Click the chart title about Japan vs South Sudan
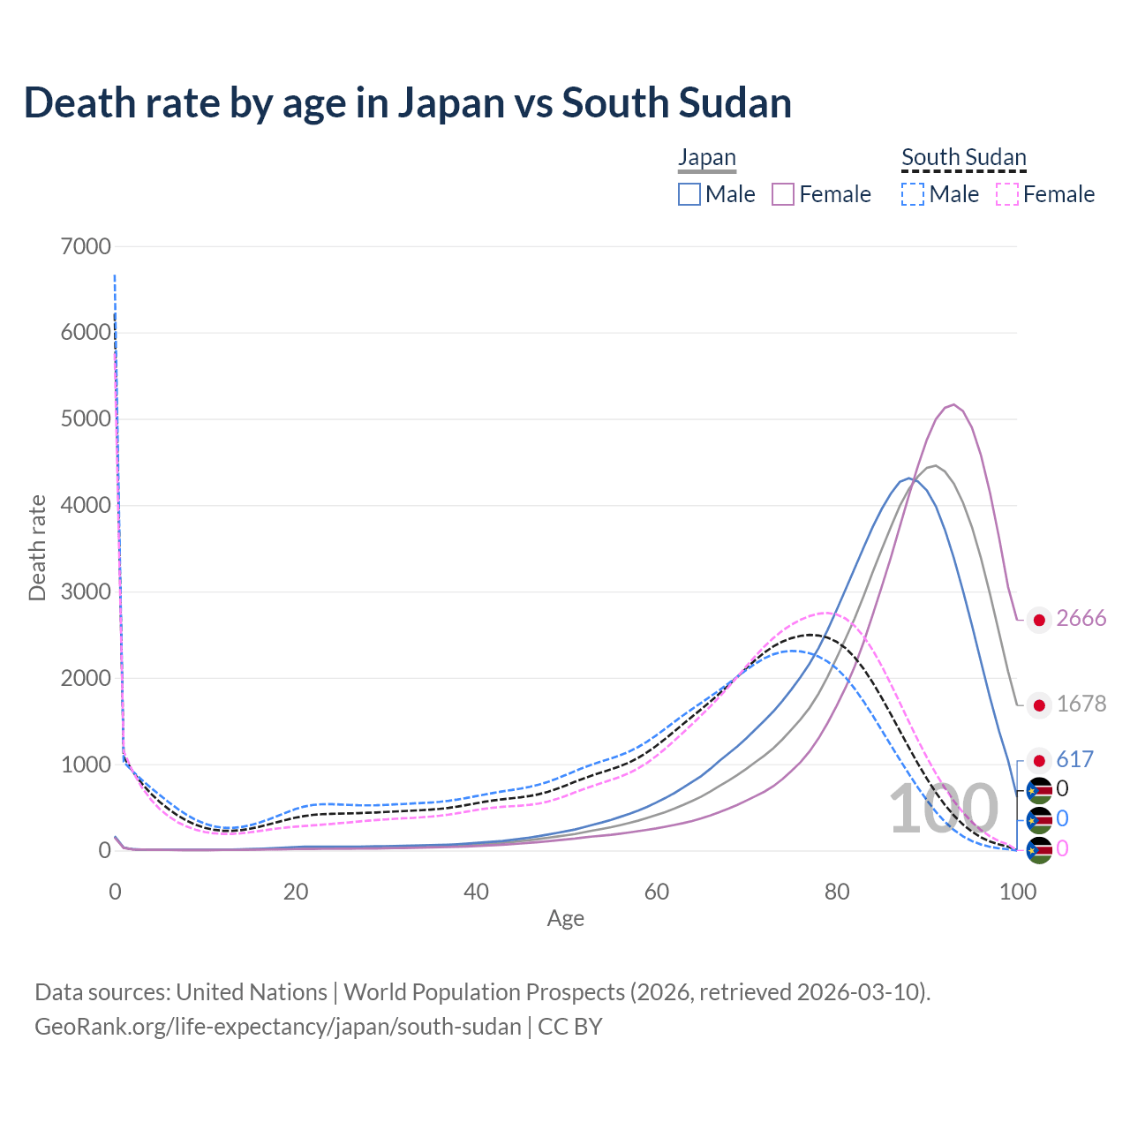click(407, 103)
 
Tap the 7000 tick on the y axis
click(86, 246)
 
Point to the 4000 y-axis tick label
click(86, 506)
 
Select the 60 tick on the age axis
click(657, 892)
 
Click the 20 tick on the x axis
click(296, 892)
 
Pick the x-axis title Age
click(565, 919)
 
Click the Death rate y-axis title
click(37, 548)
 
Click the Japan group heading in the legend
click(706, 157)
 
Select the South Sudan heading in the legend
click(963, 157)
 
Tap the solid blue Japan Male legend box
click(689, 194)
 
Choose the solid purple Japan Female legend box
click(783, 194)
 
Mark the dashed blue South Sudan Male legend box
click(913, 194)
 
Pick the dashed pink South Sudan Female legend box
click(1006, 194)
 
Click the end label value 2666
click(1081, 619)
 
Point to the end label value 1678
click(1081, 704)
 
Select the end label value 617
click(1074, 759)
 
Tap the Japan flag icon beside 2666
click(1039, 620)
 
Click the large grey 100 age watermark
click(943, 810)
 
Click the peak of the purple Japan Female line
click(953, 404)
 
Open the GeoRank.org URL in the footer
click(278, 1027)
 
